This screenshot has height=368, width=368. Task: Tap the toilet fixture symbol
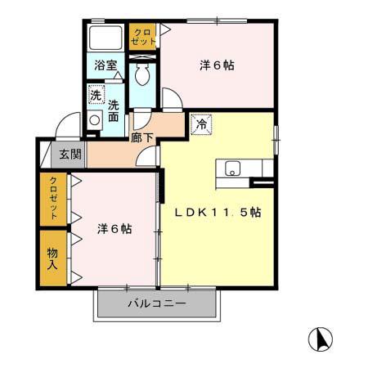142,77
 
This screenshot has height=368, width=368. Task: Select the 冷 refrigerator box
200,125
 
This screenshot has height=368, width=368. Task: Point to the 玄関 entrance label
64,154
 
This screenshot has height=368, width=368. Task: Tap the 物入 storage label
52,258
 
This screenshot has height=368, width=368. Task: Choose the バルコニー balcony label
156,304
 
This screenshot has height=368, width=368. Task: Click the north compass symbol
320,339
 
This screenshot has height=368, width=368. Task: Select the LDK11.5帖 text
218,213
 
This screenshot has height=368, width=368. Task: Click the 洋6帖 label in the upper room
218,65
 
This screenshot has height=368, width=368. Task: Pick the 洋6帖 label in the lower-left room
114,229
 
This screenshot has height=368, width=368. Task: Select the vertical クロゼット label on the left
52,198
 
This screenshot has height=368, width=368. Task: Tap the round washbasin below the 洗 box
94,119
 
